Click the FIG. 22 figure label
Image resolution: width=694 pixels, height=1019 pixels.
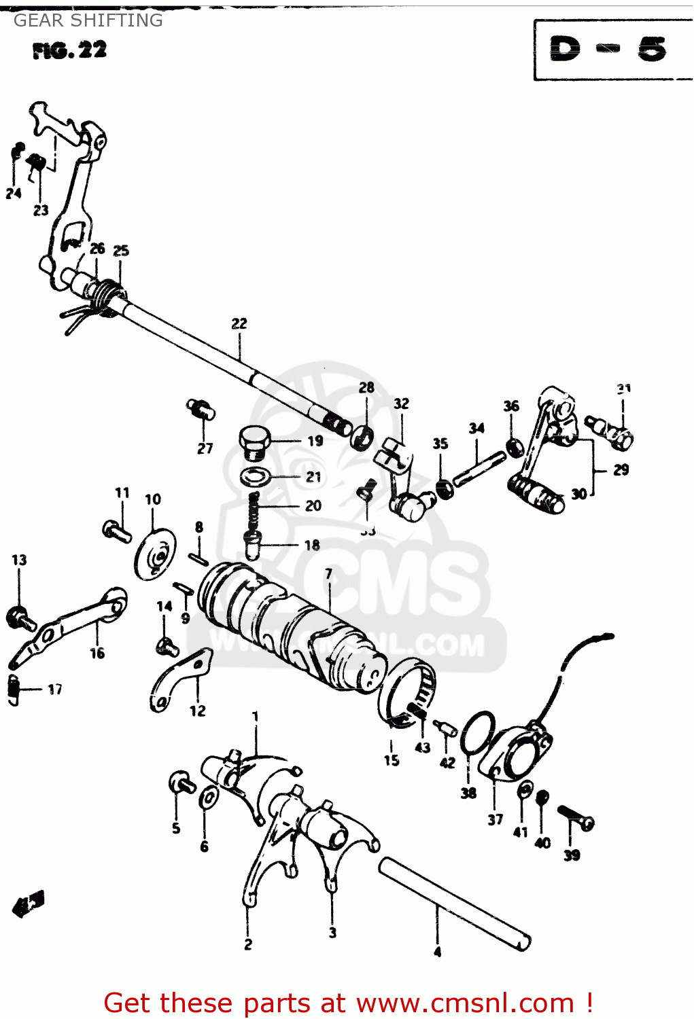click(69, 50)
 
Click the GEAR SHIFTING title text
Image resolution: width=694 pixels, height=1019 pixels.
click(88, 20)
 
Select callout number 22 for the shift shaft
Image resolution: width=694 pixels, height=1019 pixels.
click(239, 324)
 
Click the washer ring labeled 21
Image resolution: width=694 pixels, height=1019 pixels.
click(256, 477)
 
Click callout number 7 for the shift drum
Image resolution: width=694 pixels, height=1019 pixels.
click(329, 574)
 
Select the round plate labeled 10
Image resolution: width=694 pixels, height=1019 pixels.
click(154, 554)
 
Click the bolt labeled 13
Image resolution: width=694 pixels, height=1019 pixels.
click(19, 617)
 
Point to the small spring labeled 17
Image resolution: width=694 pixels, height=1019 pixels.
click(14, 690)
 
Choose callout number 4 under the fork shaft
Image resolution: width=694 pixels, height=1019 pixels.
click(437, 952)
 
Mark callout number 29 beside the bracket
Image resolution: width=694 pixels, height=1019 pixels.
click(621, 469)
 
